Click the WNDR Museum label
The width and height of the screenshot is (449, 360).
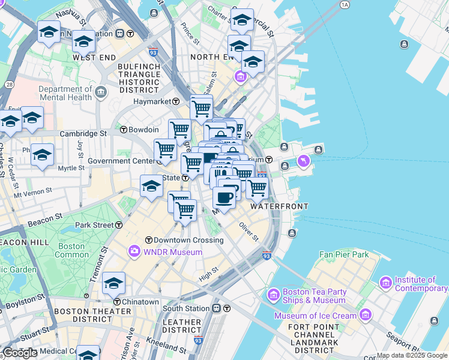click(x=172, y=252)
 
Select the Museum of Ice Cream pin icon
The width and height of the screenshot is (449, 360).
click(x=366, y=316)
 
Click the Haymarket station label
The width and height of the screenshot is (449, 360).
click(x=153, y=101)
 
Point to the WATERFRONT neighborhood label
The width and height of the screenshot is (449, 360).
click(x=279, y=206)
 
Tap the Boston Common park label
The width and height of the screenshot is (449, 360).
click(x=71, y=250)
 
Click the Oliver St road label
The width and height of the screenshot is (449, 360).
click(x=249, y=232)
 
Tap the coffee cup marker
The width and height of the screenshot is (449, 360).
click(x=224, y=197)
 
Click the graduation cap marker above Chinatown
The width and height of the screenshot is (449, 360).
click(x=113, y=283)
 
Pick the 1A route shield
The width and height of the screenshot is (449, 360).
click(x=344, y=5)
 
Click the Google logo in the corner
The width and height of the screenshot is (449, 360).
click(x=20, y=353)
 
